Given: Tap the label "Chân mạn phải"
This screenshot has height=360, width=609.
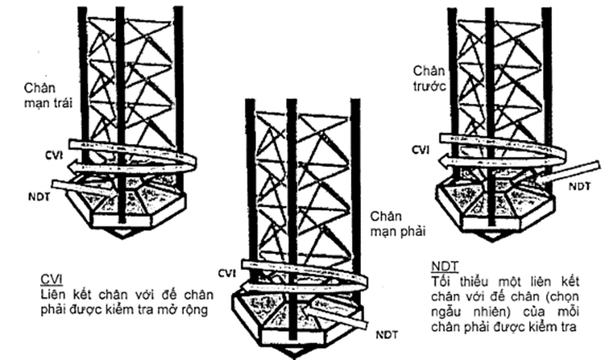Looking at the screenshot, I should (397, 223).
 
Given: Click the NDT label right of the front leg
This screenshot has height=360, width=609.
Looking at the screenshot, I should (578, 185).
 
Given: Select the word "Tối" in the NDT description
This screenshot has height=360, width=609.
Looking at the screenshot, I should (440, 280).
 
